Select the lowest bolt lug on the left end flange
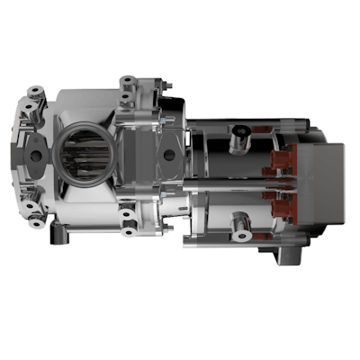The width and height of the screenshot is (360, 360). point(35,214)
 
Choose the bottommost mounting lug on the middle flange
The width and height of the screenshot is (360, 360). point(127,217)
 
